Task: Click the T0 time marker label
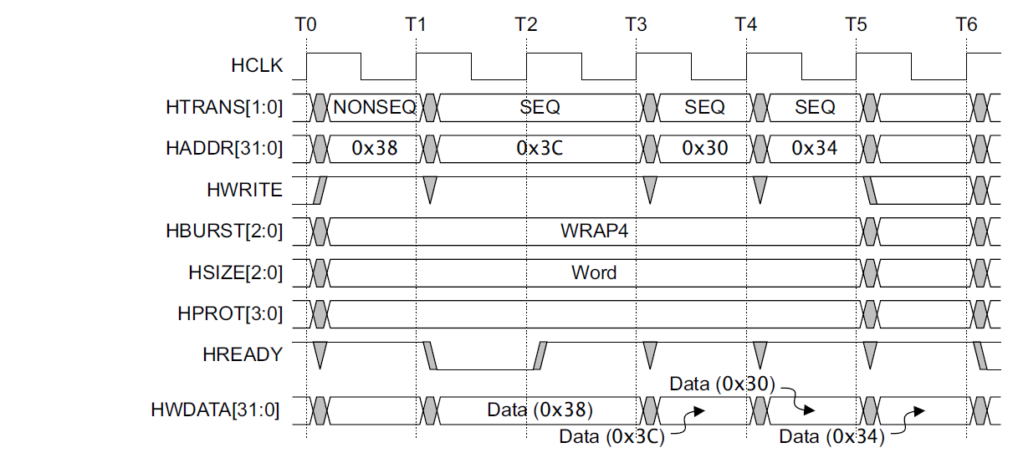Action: [305, 24]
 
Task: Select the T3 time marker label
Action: [636, 24]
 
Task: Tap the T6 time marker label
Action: [966, 24]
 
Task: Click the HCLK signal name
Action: [257, 65]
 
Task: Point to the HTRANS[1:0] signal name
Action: [224, 108]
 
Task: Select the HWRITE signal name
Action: [244, 190]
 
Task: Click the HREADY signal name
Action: [243, 354]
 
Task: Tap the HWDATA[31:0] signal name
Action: [215, 410]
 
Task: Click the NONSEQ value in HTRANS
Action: [375, 108]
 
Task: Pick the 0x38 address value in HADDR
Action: [375, 148]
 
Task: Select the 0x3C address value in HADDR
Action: [540, 148]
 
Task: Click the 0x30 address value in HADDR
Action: [704, 148]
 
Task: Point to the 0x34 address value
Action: [815, 148]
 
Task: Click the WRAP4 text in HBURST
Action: [594, 231]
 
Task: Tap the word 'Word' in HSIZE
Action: [594, 272]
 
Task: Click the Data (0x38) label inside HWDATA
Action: [540, 410]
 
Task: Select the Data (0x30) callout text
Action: [722, 384]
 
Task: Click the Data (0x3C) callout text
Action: [611, 437]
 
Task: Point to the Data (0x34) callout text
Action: [831, 437]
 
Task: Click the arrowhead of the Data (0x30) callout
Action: [810, 410]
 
